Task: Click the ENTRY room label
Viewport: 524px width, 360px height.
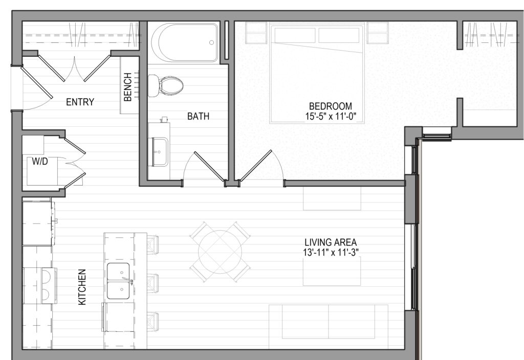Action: pyautogui.click(x=80, y=102)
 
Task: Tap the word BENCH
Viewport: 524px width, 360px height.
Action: pyautogui.click(x=127, y=87)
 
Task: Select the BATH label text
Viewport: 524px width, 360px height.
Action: pyautogui.click(x=198, y=116)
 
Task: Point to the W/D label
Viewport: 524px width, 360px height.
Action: pyautogui.click(x=40, y=162)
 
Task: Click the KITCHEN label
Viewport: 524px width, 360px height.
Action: pyautogui.click(x=82, y=287)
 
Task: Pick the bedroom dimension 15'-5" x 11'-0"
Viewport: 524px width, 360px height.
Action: pyautogui.click(x=331, y=117)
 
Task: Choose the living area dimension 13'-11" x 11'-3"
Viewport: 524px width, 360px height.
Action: pyautogui.click(x=331, y=252)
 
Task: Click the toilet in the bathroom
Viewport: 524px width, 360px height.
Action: pyautogui.click(x=166, y=85)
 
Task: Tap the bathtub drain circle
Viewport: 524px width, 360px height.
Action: pyautogui.click(x=211, y=42)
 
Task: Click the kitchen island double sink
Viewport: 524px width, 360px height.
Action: pyautogui.click(x=118, y=281)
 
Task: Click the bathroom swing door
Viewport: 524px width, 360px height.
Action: pyautogui.click(x=209, y=167)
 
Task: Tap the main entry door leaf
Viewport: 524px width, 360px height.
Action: pyautogui.click(x=37, y=82)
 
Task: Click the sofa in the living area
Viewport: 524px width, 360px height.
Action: pyautogui.click(x=329, y=327)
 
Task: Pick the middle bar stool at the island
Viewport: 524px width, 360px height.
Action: pyautogui.click(x=152, y=284)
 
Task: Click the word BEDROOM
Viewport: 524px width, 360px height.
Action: pyautogui.click(x=331, y=106)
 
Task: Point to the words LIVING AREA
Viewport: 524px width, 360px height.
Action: pyautogui.click(x=331, y=242)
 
